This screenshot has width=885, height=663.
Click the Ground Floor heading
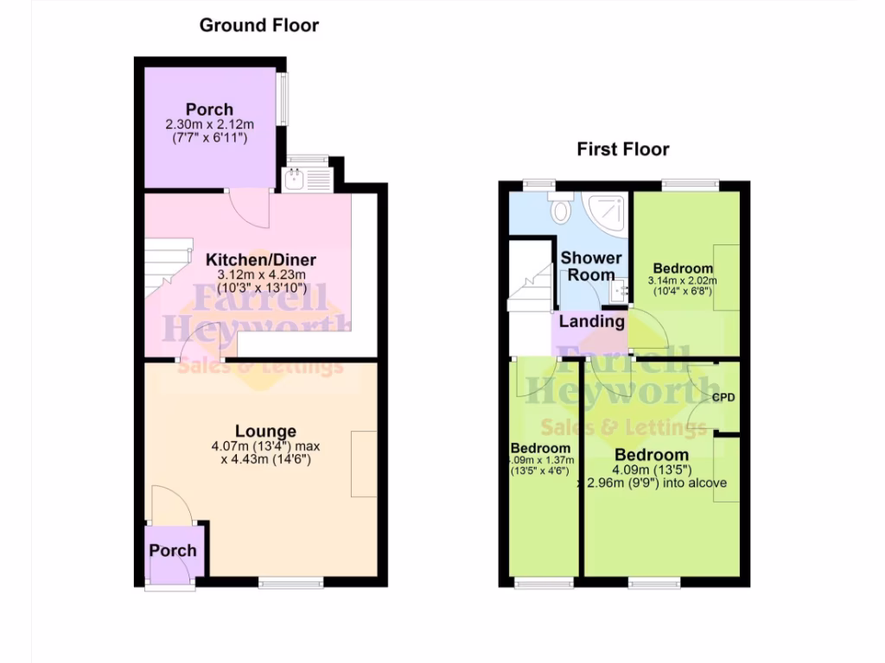tap(258, 25)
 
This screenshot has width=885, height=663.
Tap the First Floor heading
tap(623, 149)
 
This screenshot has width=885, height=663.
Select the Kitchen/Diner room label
tap(260, 260)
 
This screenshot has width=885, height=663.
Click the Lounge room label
tap(265, 431)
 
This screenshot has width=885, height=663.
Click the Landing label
tap(592, 321)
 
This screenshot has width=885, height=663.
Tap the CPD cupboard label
tap(723, 398)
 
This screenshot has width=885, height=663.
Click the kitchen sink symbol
tap(296, 180)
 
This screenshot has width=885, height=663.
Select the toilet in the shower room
tap(561, 207)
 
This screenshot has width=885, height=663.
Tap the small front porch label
tap(173, 551)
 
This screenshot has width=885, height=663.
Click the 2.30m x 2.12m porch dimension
tap(209, 125)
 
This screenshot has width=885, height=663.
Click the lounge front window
tap(290, 584)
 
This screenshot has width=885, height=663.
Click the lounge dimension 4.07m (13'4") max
tap(265, 446)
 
